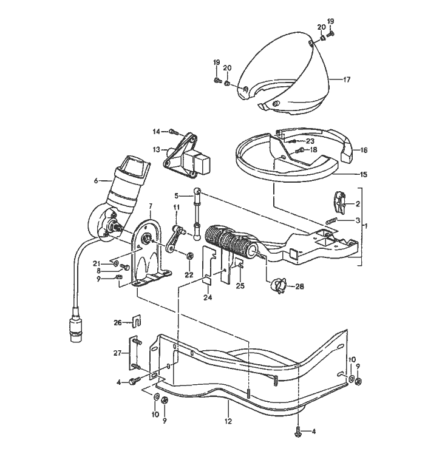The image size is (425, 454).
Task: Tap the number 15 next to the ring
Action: point(364,175)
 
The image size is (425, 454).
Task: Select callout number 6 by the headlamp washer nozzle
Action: point(96,180)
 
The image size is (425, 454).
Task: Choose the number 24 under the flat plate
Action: point(208,297)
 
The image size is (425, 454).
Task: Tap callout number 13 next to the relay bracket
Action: point(155,149)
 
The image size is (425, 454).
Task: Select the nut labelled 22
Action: point(189,257)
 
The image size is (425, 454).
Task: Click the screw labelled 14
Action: point(174,131)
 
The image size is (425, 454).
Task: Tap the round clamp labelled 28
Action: point(278,285)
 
